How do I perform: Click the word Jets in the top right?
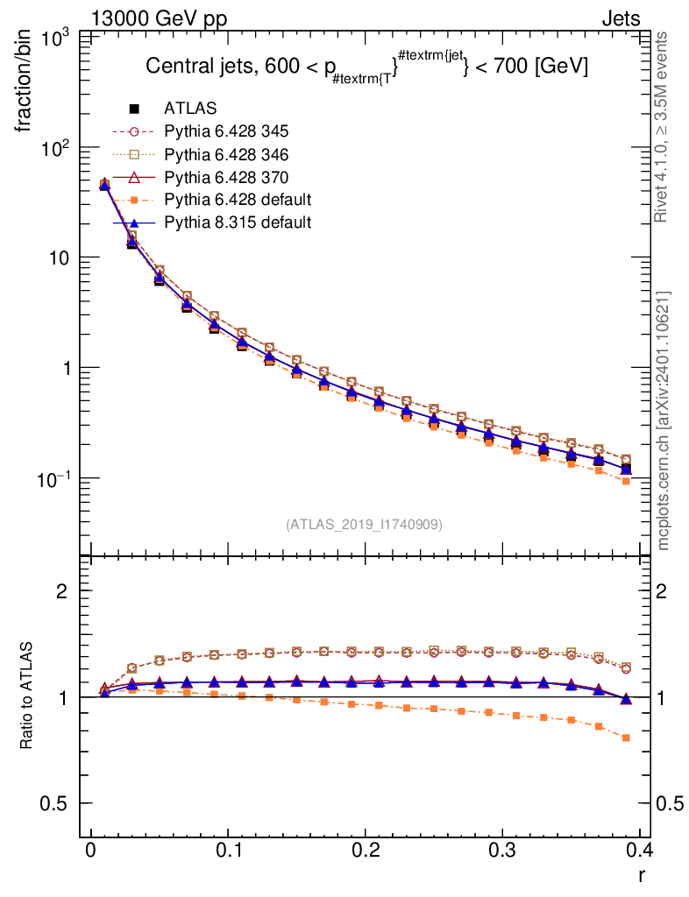click(x=620, y=19)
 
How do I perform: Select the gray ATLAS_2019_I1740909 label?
click(x=364, y=525)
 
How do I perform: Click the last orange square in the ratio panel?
click(x=626, y=738)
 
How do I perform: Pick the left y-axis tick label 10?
click(x=61, y=258)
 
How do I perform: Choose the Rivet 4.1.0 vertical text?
click(x=664, y=127)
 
